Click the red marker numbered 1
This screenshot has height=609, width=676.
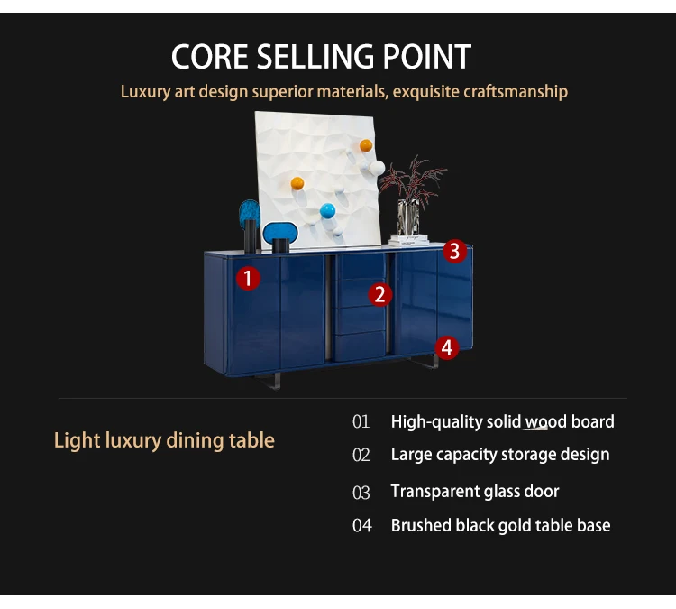click(248, 278)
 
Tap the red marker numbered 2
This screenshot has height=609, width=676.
click(379, 294)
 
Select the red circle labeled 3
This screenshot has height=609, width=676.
click(454, 252)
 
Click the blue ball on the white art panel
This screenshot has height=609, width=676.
click(327, 213)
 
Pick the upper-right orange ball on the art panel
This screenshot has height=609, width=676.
click(365, 145)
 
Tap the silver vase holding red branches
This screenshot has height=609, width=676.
click(409, 217)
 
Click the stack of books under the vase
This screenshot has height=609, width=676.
click(410, 241)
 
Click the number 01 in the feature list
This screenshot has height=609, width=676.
click(361, 421)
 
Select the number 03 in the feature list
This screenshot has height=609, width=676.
click(361, 493)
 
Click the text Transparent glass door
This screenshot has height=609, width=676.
click(474, 492)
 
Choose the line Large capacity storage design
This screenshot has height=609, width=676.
click(499, 455)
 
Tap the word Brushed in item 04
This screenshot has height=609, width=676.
click(420, 525)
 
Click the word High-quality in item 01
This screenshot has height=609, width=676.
click(436, 421)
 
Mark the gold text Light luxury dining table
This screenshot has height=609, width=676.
click(164, 440)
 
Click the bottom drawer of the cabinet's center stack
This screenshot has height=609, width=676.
click(361, 346)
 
